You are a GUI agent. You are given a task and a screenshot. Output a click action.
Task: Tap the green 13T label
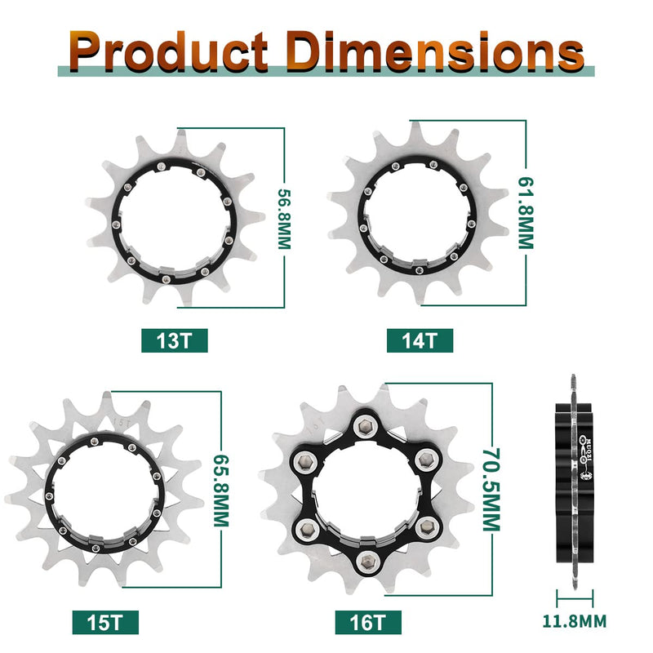174,340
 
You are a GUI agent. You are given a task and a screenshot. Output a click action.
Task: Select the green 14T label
420,340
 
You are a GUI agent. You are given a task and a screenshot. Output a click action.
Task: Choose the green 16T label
368,623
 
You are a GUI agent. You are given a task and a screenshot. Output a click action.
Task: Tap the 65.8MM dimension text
219,491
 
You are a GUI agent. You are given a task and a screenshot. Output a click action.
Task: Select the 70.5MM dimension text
488,488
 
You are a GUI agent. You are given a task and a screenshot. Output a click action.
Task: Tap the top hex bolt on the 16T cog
364,429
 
